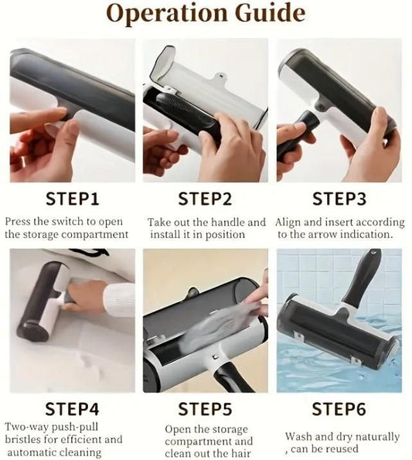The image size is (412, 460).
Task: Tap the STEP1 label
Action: (73, 199)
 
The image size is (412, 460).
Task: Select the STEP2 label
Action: (205, 199)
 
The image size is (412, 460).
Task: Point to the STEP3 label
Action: (339, 199)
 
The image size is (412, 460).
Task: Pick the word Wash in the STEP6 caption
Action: (299, 436)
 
